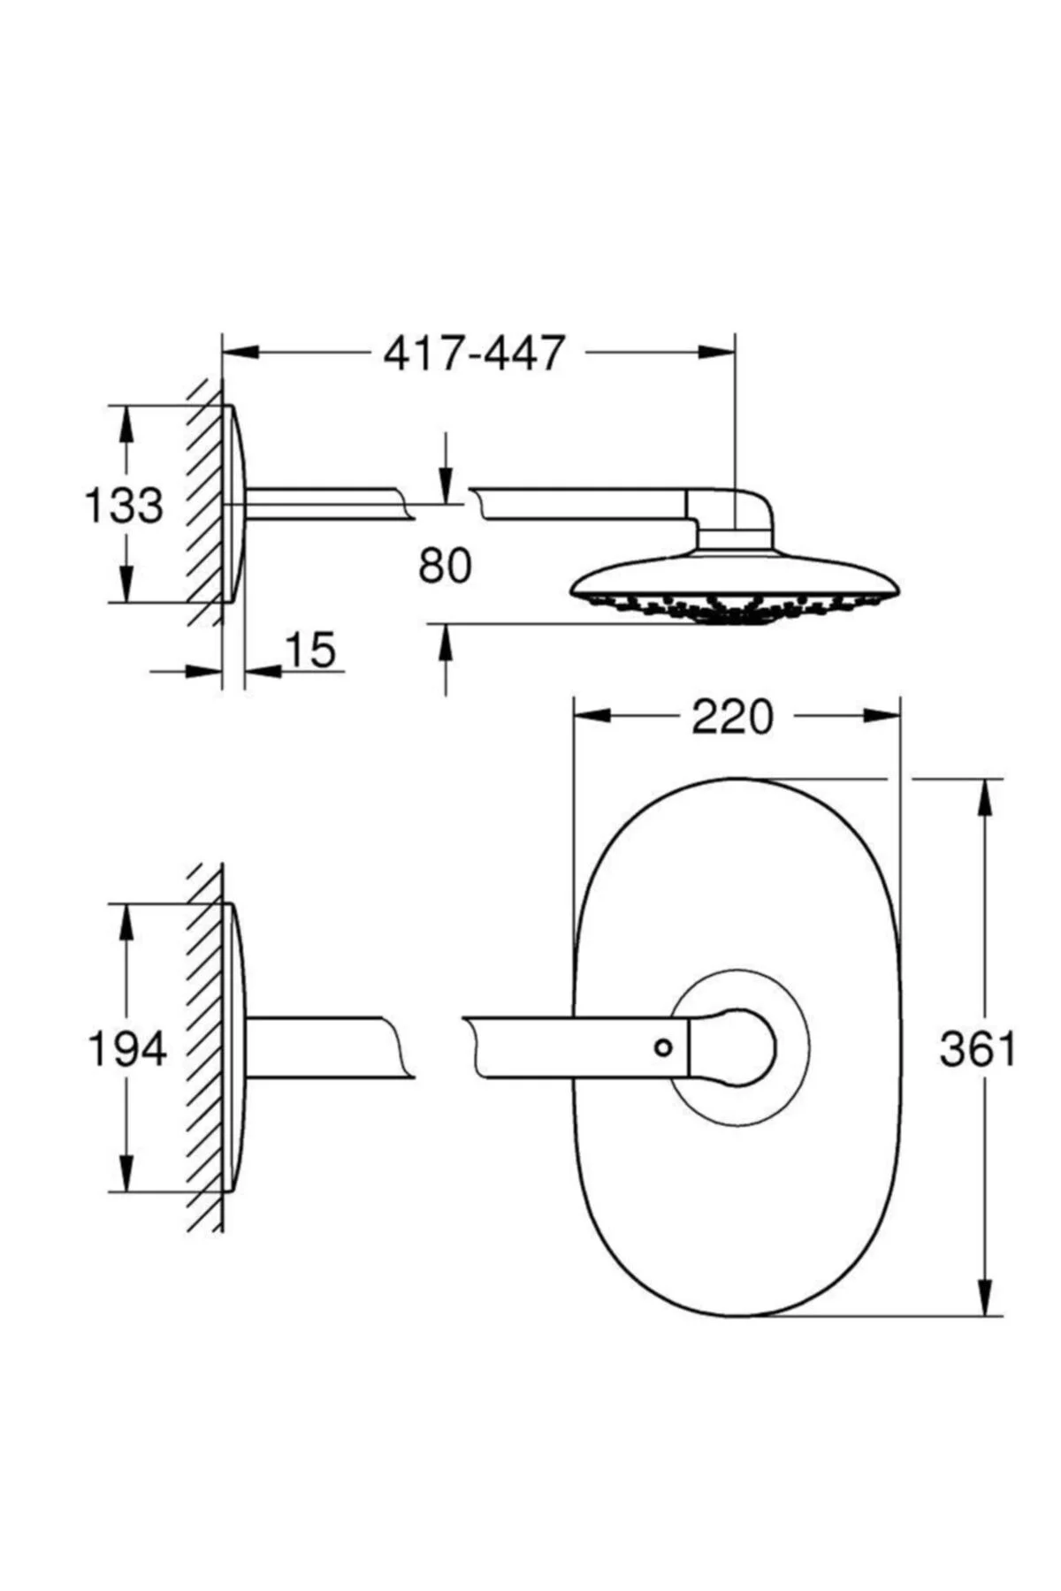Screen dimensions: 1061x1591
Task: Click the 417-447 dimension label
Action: pos(473,353)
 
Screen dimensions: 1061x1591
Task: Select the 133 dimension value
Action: pos(124,506)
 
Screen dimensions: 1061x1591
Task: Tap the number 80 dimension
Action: pos(446,566)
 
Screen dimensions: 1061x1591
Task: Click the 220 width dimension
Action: pos(732,717)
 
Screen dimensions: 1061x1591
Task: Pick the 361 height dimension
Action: pos(978,1049)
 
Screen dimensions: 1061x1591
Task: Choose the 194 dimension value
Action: pos(127,1049)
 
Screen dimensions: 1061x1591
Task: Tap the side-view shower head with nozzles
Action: pos(736,587)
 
